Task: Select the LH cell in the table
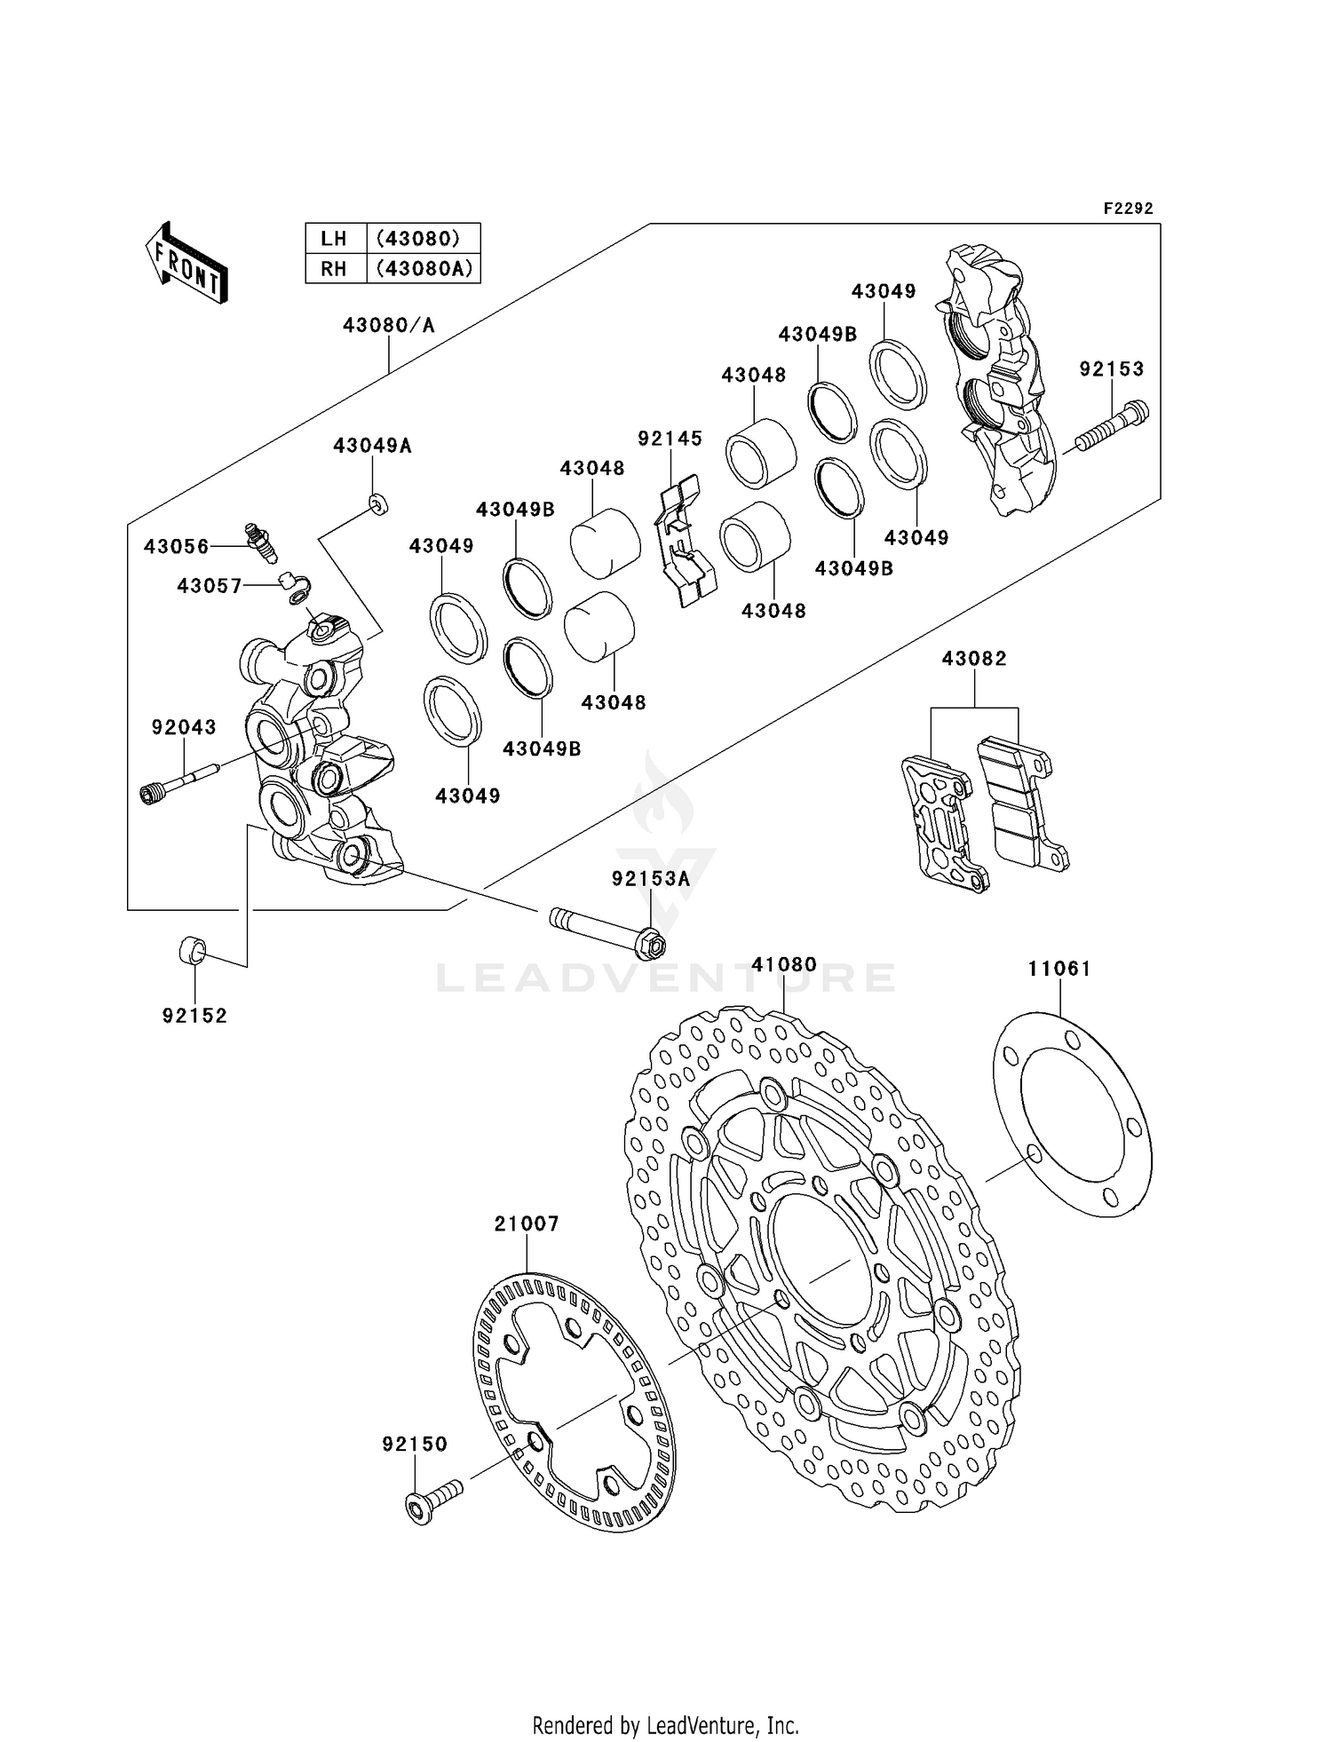[x=334, y=238]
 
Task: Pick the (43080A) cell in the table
[x=424, y=268]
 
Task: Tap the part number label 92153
[x=1111, y=368]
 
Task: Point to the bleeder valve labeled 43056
[x=260, y=542]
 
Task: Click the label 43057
[x=210, y=586]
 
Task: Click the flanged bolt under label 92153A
[x=609, y=930]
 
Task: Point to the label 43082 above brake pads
[x=974, y=659]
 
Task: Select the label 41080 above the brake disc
[x=783, y=964]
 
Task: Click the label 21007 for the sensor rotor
[x=527, y=1224]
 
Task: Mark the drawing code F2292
[x=1128, y=209]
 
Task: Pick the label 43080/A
[x=389, y=326]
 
